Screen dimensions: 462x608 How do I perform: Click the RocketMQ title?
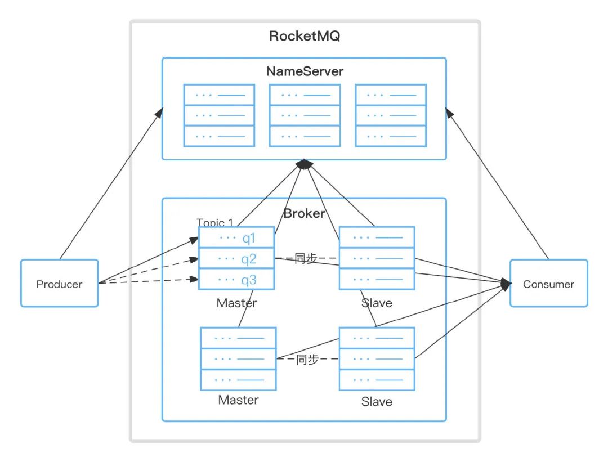[305, 37]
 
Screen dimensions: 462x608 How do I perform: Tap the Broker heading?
[304, 213]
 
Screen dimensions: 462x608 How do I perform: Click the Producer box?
[59, 283]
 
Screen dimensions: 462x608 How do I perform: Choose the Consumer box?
[548, 283]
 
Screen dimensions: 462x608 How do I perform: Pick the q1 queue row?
[236, 238]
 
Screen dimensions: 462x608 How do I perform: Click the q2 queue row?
[236, 259]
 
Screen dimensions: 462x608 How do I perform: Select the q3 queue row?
[236, 279]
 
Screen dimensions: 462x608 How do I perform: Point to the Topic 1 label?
[214, 222]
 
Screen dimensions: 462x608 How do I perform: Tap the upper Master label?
[236, 303]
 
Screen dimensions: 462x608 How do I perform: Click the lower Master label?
[238, 400]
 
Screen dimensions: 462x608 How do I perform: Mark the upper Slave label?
[377, 303]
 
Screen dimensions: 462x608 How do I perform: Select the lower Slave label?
[377, 402]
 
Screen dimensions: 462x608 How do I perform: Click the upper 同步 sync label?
[306, 259]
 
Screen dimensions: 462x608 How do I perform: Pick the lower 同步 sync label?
[307, 359]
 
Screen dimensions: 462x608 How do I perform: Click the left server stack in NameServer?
[219, 115]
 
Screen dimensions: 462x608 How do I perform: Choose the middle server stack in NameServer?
[305, 115]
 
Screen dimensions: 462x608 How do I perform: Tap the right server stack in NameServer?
[391, 115]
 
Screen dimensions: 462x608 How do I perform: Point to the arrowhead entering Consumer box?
[505, 285]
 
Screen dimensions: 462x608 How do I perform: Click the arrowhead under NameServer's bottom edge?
[304, 164]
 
